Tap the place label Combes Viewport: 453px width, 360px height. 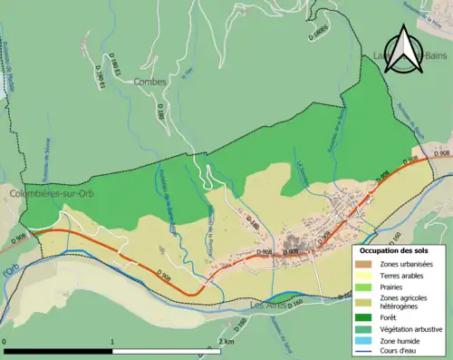150,82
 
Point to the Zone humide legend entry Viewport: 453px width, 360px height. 403,342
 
